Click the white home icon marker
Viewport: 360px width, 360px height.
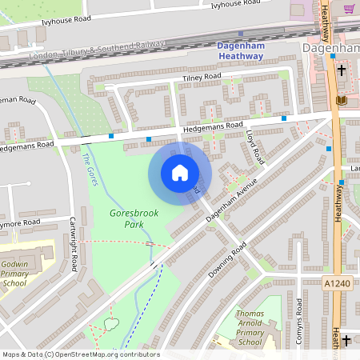pos(180,173)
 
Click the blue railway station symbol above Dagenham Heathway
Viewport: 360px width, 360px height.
pos(240,34)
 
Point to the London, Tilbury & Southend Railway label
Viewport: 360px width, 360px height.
pos(95,50)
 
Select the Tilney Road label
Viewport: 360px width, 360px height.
pos(201,77)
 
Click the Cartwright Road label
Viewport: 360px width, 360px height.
pos(73,238)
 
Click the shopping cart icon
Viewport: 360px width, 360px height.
pos(350,9)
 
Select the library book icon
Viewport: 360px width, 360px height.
pos(342,100)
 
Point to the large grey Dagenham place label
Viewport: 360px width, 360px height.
pos(330,49)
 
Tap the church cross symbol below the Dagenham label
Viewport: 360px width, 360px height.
pos(342,70)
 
